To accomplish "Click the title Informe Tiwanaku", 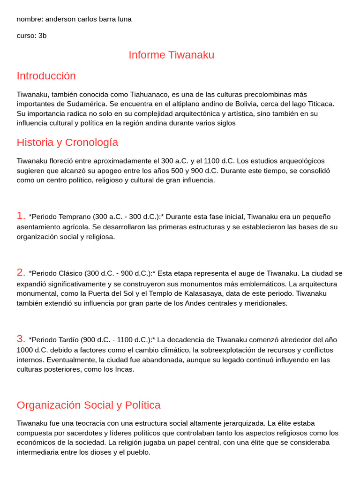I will (x=171, y=55).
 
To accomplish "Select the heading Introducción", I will (x=46, y=76).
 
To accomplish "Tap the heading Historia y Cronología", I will (x=67, y=142).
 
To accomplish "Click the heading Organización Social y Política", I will (x=88, y=405).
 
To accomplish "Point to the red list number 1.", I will (x=21, y=216).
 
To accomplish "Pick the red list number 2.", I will (x=21, y=272).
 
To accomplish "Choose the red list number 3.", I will (x=21, y=339).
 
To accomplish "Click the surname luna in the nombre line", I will (x=123, y=19).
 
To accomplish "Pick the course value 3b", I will (x=42, y=36).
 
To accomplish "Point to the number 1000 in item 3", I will (x=24, y=350).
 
